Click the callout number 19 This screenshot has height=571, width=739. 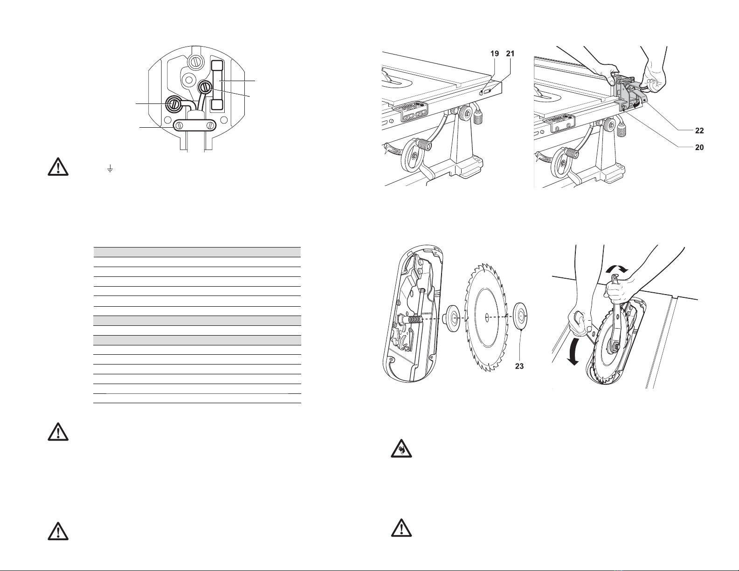click(495, 54)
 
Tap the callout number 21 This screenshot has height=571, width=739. click(510, 54)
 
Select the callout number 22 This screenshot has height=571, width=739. click(699, 131)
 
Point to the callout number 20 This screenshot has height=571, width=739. click(699, 147)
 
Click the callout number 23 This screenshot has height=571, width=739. click(519, 366)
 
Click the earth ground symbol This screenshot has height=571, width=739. click(110, 169)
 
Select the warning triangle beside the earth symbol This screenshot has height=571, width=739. click(58, 166)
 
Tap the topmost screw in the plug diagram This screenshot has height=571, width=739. click(195, 62)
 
